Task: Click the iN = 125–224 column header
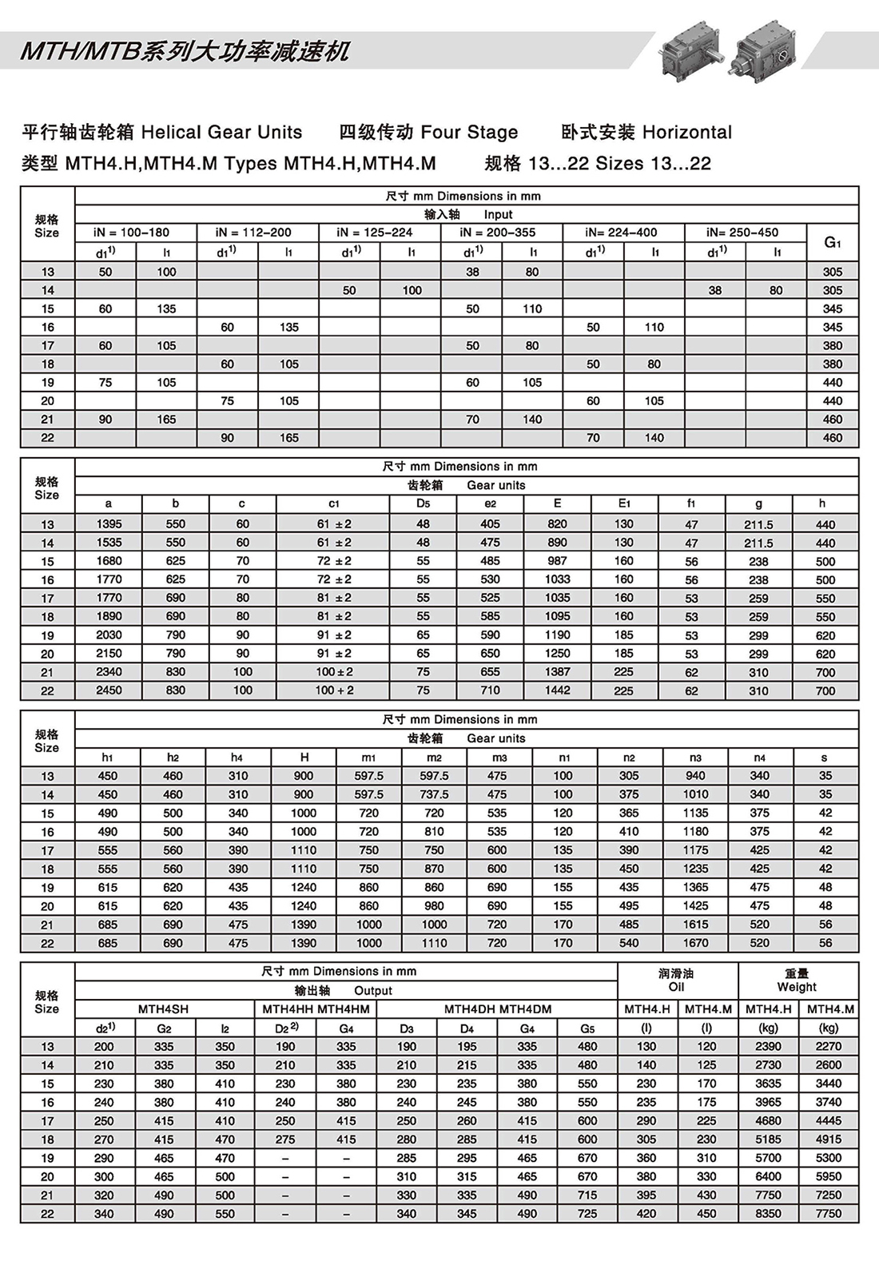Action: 380,233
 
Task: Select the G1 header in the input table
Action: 833,242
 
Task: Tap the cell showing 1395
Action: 109,524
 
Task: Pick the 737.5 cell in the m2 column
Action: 434,794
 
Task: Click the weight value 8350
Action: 768,1213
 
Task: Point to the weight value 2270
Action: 829,1046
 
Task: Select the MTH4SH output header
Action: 164,1009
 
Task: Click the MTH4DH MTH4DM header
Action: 497,1009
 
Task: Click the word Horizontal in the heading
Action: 687,133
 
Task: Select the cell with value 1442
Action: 557,690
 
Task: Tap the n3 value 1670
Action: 695,943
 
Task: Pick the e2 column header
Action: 490,504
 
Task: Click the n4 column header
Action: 759,758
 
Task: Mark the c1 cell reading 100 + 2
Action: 334,690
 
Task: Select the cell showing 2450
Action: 109,690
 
